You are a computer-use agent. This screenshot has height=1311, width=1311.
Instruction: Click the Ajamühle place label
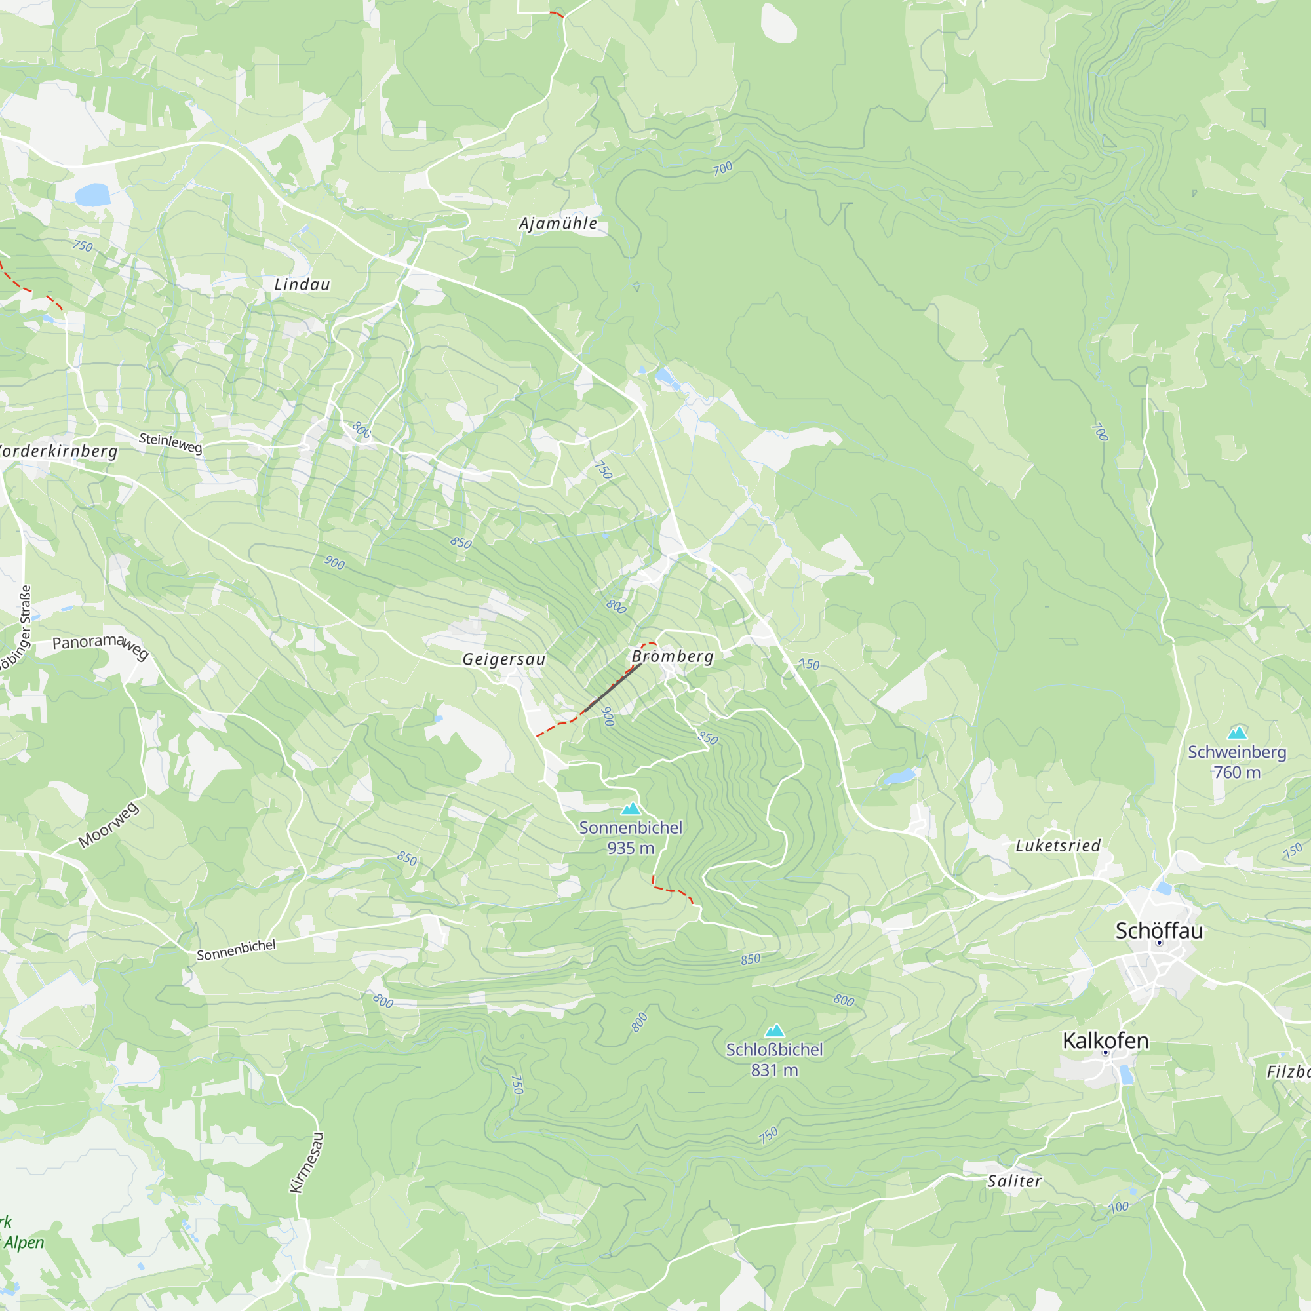click(558, 224)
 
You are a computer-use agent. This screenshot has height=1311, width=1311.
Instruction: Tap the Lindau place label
click(302, 284)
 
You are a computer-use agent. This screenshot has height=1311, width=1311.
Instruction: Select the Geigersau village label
click(503, 659)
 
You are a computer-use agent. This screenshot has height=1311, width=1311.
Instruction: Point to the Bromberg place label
click(673, 656)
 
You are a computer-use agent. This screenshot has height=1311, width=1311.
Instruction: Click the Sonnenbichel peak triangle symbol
click(631, 808)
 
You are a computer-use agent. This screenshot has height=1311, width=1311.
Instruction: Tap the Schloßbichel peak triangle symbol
click(774, 1030)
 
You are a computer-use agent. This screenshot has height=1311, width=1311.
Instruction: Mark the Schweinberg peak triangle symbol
click(1238, 732)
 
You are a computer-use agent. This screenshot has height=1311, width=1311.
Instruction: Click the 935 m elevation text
click(631, 848)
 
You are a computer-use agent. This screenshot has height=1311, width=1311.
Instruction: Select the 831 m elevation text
click(774, 1070)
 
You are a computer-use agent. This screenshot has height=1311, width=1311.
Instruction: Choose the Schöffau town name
click(1159, 931)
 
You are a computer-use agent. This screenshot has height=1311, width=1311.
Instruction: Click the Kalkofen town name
click(1105, 1040)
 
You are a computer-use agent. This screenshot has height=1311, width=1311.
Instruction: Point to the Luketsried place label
click(1058, 846)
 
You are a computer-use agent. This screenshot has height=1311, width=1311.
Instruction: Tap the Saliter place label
click(1015, 1181)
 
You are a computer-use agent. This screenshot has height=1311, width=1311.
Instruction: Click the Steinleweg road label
click(170, 443)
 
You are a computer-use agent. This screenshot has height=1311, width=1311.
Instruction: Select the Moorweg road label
click(109, 825)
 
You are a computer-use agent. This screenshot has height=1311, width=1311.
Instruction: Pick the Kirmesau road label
click(307, 1162)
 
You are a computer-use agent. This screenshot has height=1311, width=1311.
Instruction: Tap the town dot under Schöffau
click(1159, 943)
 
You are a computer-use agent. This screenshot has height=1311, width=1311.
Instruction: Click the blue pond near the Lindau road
click(92, 195)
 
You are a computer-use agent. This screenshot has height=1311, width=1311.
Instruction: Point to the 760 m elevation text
click(1236, 772)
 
